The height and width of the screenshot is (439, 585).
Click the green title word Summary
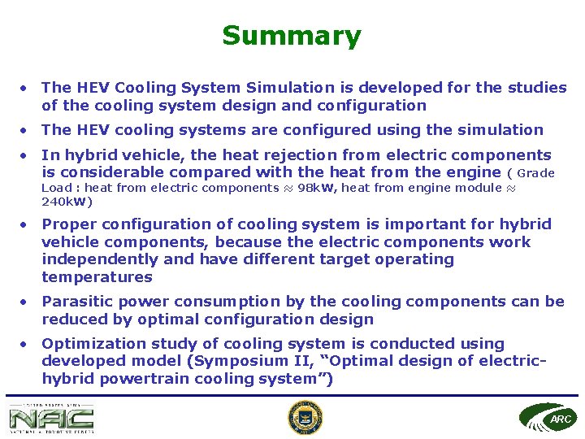[x=291, y=36]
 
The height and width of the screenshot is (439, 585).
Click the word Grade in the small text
[x=535, y=173]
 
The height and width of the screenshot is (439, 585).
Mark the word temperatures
[x=97, y=277]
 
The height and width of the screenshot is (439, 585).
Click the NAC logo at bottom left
[x=52, y=419]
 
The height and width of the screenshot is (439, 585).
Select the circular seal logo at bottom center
[x=305, y=418]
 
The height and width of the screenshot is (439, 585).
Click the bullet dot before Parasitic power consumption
[x=27, y=302]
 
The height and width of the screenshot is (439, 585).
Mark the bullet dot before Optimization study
[x=27, y=344]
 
